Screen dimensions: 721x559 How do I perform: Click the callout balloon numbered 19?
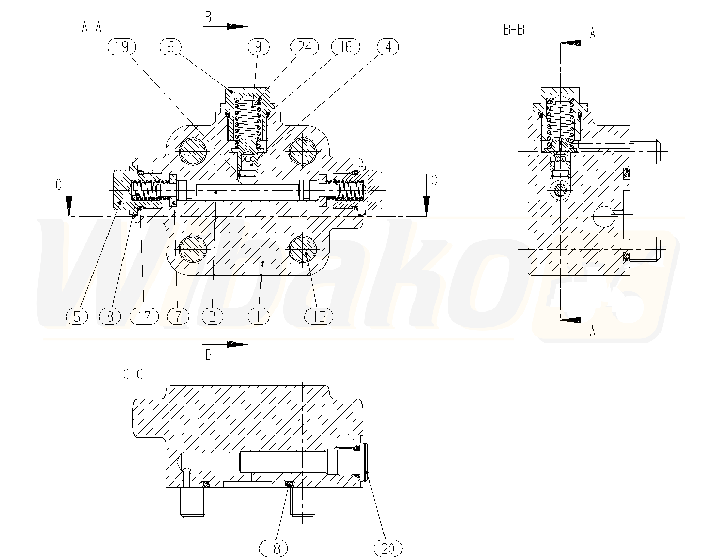pyautogui.click(x=122, y=46)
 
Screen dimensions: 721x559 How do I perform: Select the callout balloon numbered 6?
pyautogui.click(x=171, y=46)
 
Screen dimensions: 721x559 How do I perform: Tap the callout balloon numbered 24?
pyautogui.click(x=304, y=46)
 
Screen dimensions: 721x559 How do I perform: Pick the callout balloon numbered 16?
pyautogui.click(x=345, y=46)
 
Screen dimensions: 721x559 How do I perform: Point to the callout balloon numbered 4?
pyautogui.click(x=388, y=46)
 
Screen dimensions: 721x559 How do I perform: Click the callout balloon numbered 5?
pyautogui.click(x=77, y=316)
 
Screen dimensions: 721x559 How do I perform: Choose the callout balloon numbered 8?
pyautogui.click(x=110, y=316)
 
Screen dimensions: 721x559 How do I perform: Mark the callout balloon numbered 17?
pyautogui.click(x=144, y=316)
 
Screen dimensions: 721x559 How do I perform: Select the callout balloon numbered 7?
pyautogui.click(x=178, y=316)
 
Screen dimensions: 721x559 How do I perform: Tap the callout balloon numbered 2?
pyautogui.click(x=212, y=316)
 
